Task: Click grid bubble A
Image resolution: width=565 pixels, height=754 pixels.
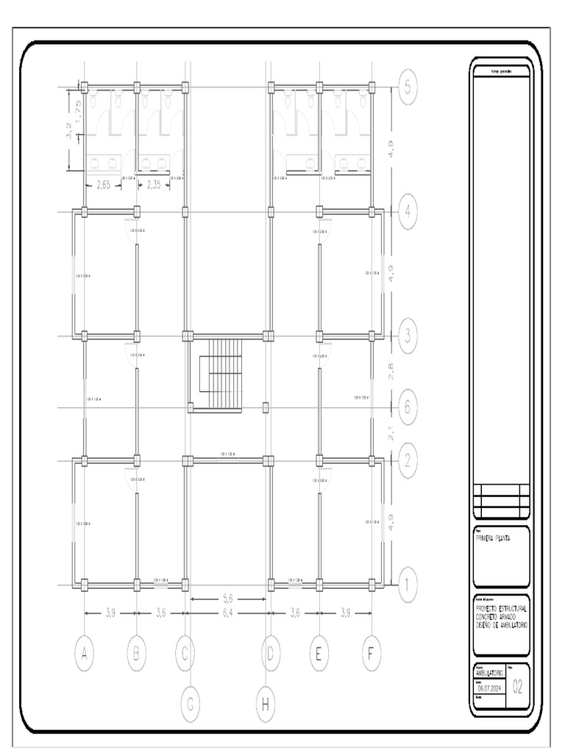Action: [x=85, y=653]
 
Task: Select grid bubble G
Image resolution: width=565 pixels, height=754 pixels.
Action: [x=189, y=705]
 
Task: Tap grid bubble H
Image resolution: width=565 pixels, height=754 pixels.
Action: [x=265, y=705]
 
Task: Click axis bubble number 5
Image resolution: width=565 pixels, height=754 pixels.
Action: [x=409, y=87]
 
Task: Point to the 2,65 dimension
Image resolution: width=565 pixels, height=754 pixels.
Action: [x=103, y=185]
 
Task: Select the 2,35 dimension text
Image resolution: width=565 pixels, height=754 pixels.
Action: [x=154, y=185]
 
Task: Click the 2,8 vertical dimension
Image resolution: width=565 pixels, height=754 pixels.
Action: [x=393, y=371]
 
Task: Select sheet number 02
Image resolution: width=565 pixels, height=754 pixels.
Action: [x=518, y=688]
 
